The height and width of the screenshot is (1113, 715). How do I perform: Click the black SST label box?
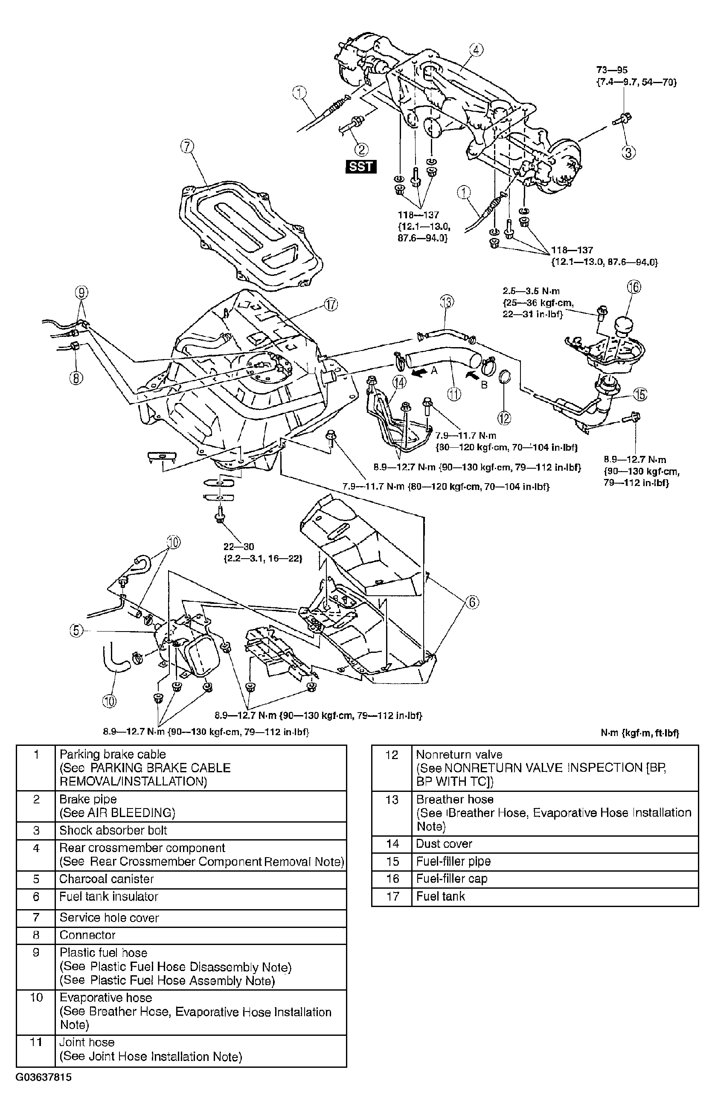coord(361,166)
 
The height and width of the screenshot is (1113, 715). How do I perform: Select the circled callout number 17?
coord(331,305)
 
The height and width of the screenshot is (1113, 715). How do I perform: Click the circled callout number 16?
coord(634,287)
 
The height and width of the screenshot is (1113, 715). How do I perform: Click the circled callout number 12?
coord(504,418)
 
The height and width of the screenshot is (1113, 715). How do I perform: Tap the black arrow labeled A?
coord(419,372)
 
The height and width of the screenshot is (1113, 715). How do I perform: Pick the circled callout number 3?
coord(628,152)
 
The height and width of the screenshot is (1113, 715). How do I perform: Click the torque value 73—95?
coord(611,70)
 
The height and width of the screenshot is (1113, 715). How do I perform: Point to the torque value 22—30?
coord(238,546)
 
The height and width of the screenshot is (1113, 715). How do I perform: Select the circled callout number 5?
coord(76,630)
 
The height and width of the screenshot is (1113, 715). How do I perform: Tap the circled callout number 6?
coord(472,603)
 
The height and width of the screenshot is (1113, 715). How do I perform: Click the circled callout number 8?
coord(77,378)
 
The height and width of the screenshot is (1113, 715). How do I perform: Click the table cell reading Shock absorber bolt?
coord(201,830)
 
